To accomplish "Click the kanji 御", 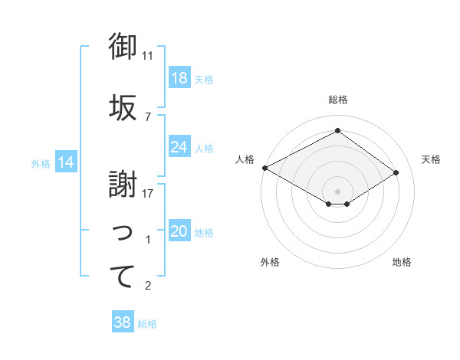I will (x=123, y=47).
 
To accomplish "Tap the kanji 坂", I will (x=123, y=106).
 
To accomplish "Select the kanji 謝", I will (x=123, y=184).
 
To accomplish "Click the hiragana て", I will (x=123, y=276).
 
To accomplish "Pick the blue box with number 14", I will (x=65, y=162).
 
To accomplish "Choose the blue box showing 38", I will (x=123, y=323).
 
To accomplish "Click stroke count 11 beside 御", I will (x=148, y=56).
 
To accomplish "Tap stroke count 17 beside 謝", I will (x=148, y=194).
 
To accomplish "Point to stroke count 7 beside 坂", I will (x=148, y=116).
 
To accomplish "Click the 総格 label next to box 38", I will (x=147, y=324).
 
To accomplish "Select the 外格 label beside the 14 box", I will (x=41, y=163).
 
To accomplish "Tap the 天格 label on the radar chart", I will (x=432, y=159).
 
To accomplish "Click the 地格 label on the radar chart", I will (x=402, y=262).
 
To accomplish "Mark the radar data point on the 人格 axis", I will (x=264, y=168).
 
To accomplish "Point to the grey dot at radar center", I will (x=337, y=191).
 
